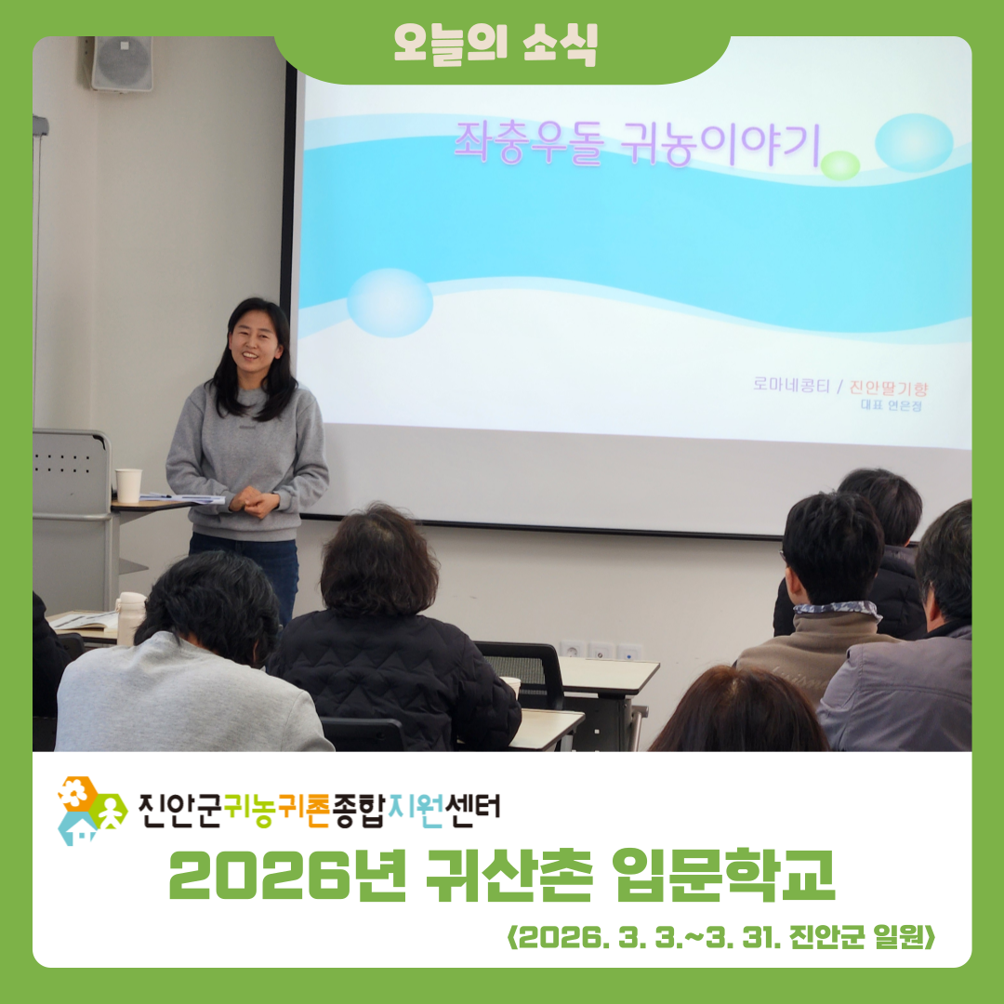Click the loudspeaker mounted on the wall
pyautogui.click(x=122, y=63)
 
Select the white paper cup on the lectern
pyautogui.click(x=128, y=485)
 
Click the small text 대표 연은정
pyautogui.click(x=896, y=404)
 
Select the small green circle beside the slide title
pyautogui.click(x=841, y=165)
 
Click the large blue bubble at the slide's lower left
pyautogui.click(x=390, y=302)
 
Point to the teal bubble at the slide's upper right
pyautogui.click(x=914, y=142)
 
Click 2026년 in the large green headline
pyautogui.click(x=285, y=877)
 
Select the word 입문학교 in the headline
pyautogui.click(x=724, y=877)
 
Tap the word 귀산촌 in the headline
pyautogui.click(x=507, y=877)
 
